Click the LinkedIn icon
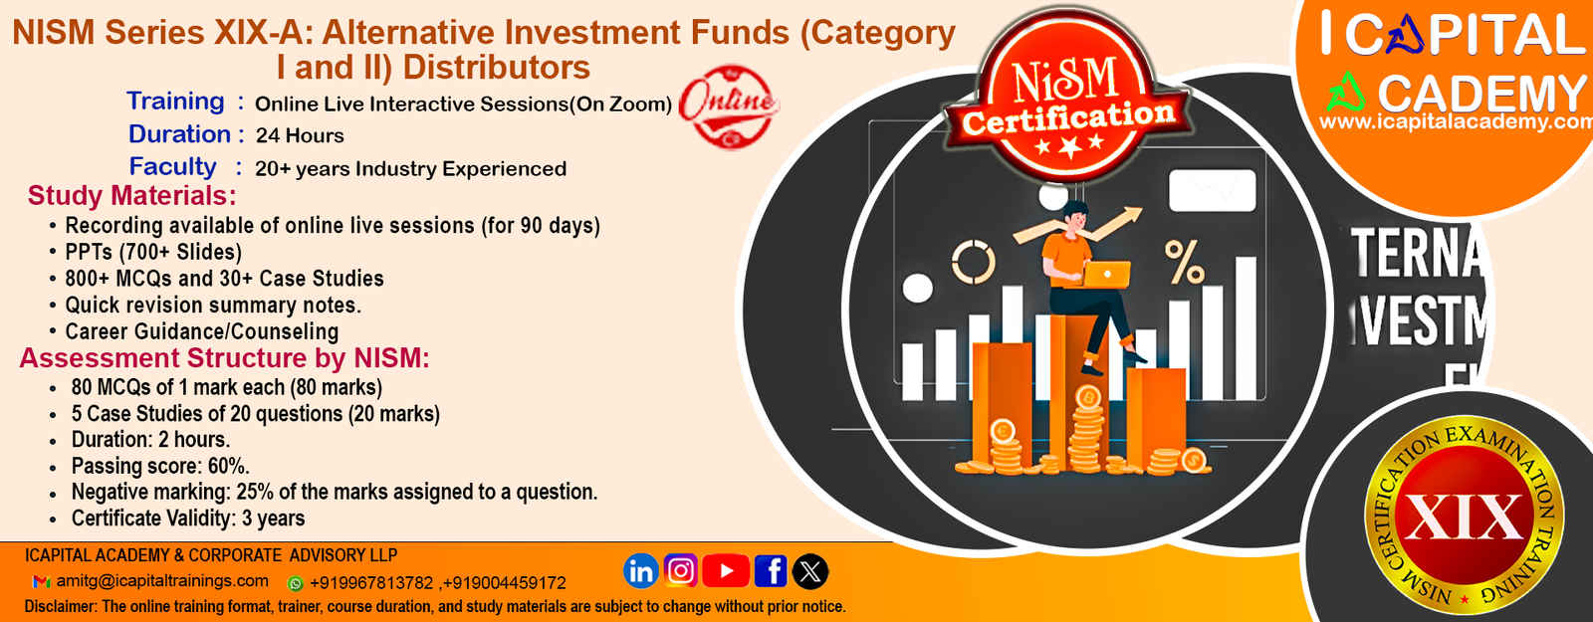(x=640, y=571)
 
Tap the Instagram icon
(x=681, y=570)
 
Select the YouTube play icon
(x=726, y=571)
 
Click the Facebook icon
(x=771, y=571)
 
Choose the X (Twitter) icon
(x=810, y=571)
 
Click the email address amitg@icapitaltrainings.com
(x=163, y=581)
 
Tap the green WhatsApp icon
(x=295, y=583)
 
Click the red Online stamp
(x=728, y=105)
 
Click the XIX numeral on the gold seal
(x=1464, y=517)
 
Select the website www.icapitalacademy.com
(x=1456, y=121)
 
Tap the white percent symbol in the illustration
(x=1184, y=262)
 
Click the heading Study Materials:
(x=131, y=195)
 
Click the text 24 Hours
(x=300, y=135)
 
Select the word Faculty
(x=173, y=166)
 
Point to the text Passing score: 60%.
(x=160, y=466)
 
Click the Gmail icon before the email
(x=41, y=581)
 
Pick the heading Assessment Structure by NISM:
(x=225, y=357)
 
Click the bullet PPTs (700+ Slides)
(x=153, y=252)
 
